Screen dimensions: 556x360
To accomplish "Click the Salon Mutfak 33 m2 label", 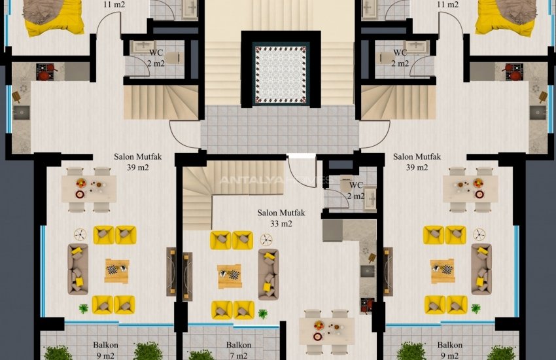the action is [x=281, y=218].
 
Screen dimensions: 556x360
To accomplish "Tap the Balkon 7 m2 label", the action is [x=239, y=350].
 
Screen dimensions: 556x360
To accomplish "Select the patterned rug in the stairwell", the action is [x=281, y=75].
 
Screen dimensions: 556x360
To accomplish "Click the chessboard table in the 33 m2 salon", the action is [x=230, y=276].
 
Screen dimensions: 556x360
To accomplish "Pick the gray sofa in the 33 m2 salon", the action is [x=268, y=274].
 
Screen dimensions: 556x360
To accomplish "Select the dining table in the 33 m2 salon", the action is [x=326, y=331].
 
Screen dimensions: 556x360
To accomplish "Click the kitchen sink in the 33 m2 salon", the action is [x=368, y=272].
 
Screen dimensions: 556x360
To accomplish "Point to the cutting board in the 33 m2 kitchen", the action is [x=372, y=258].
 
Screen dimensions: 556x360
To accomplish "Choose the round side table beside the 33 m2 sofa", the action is [x=266, y=240].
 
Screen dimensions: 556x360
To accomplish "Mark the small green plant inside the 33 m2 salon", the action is [x=263, y=314].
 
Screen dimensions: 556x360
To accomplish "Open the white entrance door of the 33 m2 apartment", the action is [x=301, y=171].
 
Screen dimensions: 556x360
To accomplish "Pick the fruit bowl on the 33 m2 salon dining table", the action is [x=319, y=325].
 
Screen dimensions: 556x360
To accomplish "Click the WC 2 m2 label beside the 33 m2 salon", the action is [x=356, y=190].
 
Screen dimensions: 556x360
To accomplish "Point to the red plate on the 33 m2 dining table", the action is [x=317, y=336].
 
